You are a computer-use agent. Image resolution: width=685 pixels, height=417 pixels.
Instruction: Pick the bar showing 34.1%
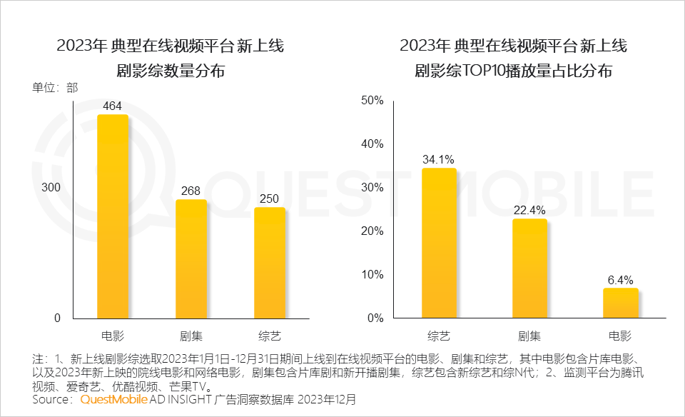coord(439,243)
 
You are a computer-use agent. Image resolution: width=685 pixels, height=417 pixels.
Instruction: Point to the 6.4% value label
coord(620,280)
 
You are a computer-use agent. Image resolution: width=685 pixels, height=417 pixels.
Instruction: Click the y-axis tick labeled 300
coord(54,187)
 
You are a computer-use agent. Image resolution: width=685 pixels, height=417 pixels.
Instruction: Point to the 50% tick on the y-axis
coord(373,100)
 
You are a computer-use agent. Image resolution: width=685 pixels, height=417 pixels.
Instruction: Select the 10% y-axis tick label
coord(373,274)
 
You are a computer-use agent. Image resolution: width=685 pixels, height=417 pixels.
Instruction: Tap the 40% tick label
coord(373,144)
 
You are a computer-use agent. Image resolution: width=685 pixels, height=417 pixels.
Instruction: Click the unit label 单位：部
coord(55,88)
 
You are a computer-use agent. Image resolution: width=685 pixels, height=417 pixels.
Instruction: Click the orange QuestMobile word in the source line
coord(114,400)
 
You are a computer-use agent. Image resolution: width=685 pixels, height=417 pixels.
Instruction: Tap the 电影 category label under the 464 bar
coord(113,335)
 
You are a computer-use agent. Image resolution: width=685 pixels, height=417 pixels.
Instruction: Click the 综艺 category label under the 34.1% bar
coord(439,335)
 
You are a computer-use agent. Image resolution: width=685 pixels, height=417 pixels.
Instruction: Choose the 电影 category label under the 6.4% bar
coord(620,335)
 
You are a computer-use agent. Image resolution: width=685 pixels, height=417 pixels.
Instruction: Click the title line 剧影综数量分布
coord(171,71)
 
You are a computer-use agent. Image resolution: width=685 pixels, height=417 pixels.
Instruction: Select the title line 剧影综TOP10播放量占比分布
coord(513,71)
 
